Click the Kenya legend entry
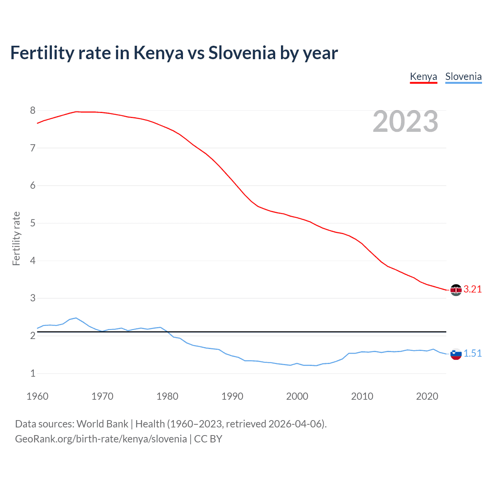[423, 76]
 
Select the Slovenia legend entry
[463, 76]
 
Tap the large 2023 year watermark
[405, 121]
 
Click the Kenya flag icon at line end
[456, 290]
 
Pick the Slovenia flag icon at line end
[456, 354]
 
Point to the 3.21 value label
[472, 289]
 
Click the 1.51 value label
[472, 354]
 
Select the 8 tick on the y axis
[33, 111]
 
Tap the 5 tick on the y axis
[33, 223]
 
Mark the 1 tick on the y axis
[33, 373]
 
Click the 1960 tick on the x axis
[37, 396]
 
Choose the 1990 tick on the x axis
[232, 396]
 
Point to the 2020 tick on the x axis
[427, 396]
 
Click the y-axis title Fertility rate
[16, 238]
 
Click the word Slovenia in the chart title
[242, 53]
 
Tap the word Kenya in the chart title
[158, 53]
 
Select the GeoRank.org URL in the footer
[101, 439]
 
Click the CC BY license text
[208, 439]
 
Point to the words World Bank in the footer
[102, 424]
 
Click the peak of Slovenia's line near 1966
[76, 318]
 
